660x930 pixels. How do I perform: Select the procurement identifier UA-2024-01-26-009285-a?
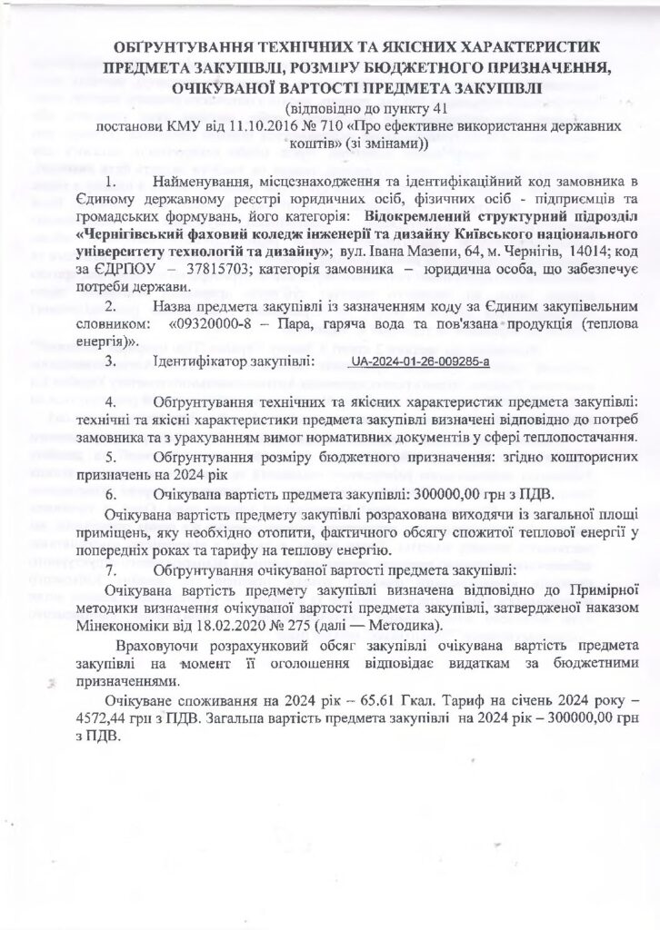point(425,362)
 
